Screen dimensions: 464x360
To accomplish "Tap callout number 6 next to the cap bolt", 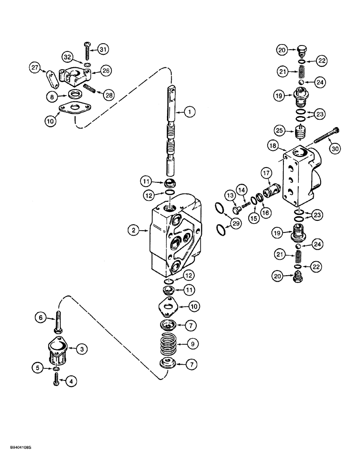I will [41, 317].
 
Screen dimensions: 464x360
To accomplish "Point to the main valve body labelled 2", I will [176, 241].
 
